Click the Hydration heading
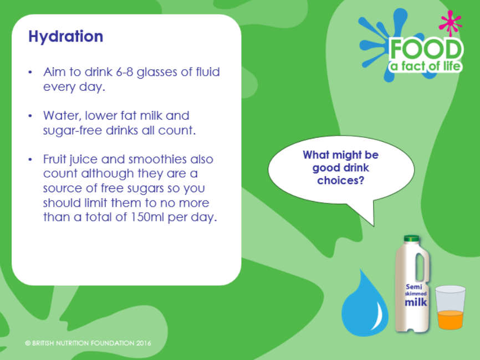click(66, 37)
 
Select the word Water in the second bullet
click(62, 116)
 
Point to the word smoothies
click(157, 159)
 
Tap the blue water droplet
click(365, 304)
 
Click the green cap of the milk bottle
click(411, 238)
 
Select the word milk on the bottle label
click(415, 302)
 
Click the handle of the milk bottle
click(420, 268)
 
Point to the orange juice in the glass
click(450, 320)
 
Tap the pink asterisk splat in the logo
click(450, 22)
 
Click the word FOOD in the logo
click(426, 49)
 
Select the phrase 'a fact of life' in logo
click(425, 66)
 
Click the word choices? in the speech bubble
click(341, 181)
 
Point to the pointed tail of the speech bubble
click(374, 226)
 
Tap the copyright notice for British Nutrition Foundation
click(88, 343)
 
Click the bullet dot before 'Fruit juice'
click(30, 160)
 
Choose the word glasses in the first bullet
click(157, 73)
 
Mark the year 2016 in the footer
click(144, 343)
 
